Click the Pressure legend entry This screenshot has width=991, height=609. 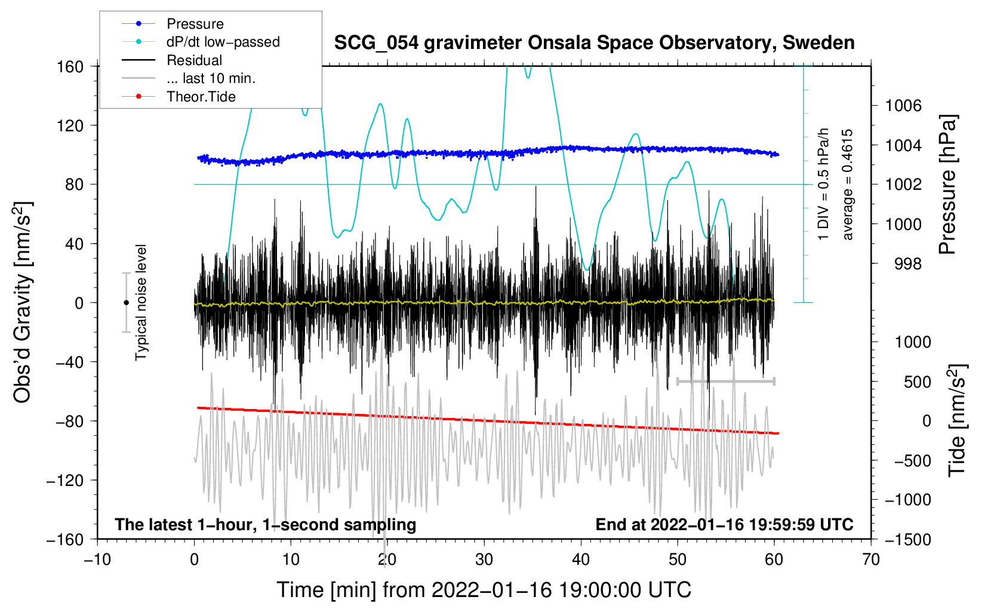pyautogui.click(x=195, y=24)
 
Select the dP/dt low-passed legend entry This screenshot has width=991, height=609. pyautogui.click(x=223, y=42)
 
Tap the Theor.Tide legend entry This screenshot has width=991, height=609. pyautogui.click(x=201, y=97)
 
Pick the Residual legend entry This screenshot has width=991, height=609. pyautogui.click(x=194, y=60)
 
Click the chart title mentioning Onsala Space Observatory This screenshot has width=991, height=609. pyautogui.click(x=594, y=43)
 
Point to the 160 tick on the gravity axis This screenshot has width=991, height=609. pyautogui.click(x=70, y=66)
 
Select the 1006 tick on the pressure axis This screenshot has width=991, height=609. pyautogui.click(x=903, y=106)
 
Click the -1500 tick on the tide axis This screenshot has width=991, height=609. pyautogui.click(x=908, y=539)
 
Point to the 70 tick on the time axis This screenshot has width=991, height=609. pyautogui.click(x=871, y=559)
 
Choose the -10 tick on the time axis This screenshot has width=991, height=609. pyautogui.click(x=97, y=559)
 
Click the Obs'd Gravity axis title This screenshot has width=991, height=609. pyautogui.click(x=23, y=303)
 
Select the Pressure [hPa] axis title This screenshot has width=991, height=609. pyautogui.click(x=948, y=184)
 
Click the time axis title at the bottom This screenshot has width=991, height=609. pyautogui.click(x=484, y=590)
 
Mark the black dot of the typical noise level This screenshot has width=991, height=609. pyautogui.click(x=126, y=303)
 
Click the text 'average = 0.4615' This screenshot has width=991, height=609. pyautogui.click(x=848, y=184)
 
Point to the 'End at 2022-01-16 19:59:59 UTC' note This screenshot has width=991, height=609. pyautogui.click(x=724, y=525)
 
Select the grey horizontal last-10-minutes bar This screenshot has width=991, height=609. pyautogui.click(x=725, y=381)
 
